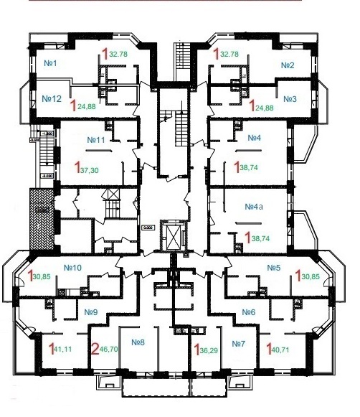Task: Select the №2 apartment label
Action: click(288, 65)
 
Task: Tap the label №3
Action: click(290, 98)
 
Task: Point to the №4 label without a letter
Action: click(253, 138)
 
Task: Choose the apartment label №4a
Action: click(255, 207)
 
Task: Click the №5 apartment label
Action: click(273, 268)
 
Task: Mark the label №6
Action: click(248, 312)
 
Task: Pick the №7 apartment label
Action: click(238, 342)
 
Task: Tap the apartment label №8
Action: click(138, 342)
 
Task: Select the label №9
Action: click(90, 312)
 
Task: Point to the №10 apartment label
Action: click(73, 268)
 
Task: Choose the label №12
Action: click(52, 98)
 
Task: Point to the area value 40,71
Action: click(277, 350)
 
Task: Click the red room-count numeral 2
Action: click(96, 350)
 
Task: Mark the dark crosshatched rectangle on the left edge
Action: click(38, 215)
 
